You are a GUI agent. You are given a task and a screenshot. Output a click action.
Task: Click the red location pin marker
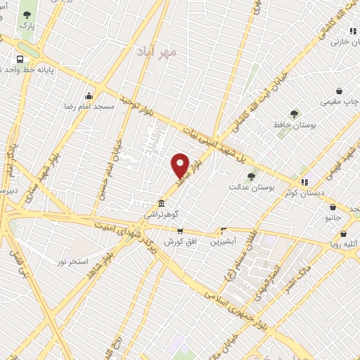pyautogui.click(x=181, y=166)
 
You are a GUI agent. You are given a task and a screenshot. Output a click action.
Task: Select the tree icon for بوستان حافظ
pyautogui.click(x=294, y=114)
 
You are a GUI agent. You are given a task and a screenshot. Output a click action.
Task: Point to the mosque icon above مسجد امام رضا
pyautogui.click(x=89, y=96)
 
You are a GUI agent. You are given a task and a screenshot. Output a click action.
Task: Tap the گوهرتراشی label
pyautogui.click(x=162, y=212)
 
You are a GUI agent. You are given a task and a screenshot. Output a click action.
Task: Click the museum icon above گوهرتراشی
pyautogui.click(x=162, y=200)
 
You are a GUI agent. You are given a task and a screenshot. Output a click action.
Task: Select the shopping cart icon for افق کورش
pyautogui.click(x=180, y=231)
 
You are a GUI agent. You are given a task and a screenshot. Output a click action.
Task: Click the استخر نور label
pyautogui.click(x=73, y=261)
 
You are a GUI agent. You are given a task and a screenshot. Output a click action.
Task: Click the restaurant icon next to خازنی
pyautogui.click(x=352, y=31)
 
